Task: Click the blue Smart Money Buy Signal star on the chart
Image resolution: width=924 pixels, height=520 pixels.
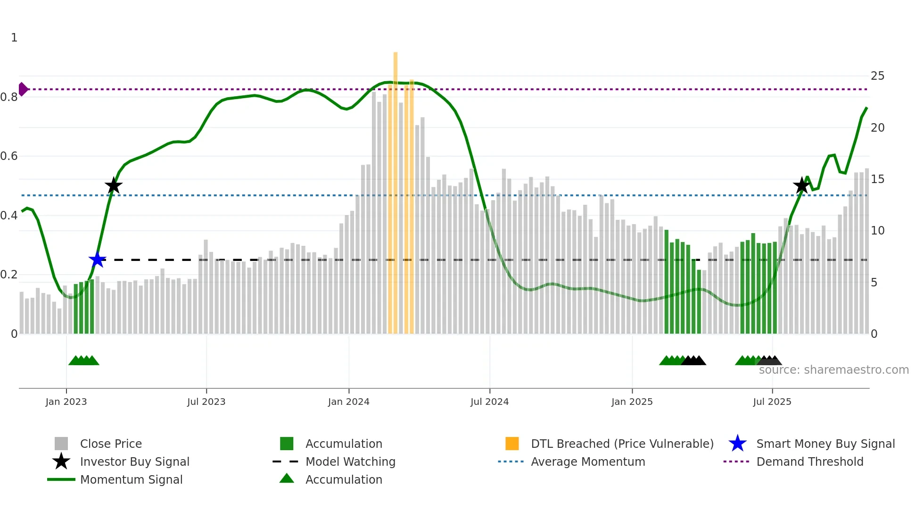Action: [97, 260]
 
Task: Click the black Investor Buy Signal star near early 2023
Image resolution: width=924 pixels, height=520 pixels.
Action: [113, 186]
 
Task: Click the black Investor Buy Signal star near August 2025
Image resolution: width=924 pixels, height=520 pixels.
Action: [801, 185]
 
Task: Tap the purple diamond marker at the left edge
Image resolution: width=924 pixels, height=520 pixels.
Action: [23, 89]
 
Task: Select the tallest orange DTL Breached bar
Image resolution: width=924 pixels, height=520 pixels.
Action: [396, 189]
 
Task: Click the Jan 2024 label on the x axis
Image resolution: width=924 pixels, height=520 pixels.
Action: [348, 402]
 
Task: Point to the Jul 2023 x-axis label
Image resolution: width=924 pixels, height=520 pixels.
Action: [206, 402]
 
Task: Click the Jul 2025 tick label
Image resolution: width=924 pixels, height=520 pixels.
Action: [772, 402]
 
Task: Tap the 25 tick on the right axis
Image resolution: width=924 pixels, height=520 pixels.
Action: [877, 76]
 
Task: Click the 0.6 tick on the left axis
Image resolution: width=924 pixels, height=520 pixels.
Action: [9, 156]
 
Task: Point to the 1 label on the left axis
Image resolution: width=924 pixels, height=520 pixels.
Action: [14, 38]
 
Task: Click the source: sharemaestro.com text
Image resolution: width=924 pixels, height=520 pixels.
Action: [833, 370]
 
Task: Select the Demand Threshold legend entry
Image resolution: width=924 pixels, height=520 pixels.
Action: [809, 461]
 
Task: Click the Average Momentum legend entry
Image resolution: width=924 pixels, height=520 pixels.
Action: [587, 461]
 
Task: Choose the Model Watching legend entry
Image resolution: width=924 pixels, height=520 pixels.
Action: [350, 461]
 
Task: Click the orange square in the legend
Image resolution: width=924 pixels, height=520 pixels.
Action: [512, 444]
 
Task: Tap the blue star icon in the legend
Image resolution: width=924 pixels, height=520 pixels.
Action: [737, 444]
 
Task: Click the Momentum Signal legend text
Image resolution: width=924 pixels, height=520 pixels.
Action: [131, 479]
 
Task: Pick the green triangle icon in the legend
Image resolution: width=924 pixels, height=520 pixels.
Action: [287, 478]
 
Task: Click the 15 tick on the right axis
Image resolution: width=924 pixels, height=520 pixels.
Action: [877, 179]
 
